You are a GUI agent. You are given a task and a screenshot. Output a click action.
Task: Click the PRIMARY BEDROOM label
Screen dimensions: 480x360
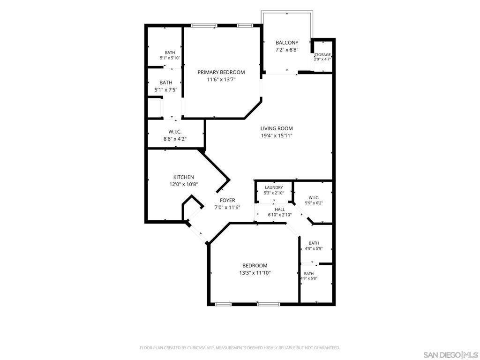221,72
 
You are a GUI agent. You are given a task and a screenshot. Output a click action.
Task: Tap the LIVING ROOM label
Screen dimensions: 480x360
277,128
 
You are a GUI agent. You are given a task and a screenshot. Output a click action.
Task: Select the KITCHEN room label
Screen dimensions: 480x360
184,177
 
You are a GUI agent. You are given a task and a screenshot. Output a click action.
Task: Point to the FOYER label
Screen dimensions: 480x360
227,200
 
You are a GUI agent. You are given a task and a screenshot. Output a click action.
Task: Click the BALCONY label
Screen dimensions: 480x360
287,43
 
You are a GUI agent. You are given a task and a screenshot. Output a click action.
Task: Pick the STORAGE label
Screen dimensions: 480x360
322,55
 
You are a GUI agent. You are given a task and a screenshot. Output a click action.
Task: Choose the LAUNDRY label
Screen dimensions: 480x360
274,187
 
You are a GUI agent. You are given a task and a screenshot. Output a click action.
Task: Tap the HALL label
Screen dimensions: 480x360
280,210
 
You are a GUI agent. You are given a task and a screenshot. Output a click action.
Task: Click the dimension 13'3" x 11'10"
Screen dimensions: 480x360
255,273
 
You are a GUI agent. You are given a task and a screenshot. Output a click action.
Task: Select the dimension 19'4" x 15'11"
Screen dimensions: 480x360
277,135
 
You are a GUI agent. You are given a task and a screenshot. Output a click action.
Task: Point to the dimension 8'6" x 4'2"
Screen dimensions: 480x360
175,139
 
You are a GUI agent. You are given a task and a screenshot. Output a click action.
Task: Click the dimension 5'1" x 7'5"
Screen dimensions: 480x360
166,90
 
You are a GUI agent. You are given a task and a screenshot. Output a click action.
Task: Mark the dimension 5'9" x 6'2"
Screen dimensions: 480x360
314,202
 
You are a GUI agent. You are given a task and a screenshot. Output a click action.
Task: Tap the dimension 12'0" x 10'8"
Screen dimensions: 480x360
184,184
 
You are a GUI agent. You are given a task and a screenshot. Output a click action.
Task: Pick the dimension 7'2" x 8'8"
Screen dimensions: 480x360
287,50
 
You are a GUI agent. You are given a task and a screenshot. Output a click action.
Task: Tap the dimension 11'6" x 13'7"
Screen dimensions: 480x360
221,80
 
